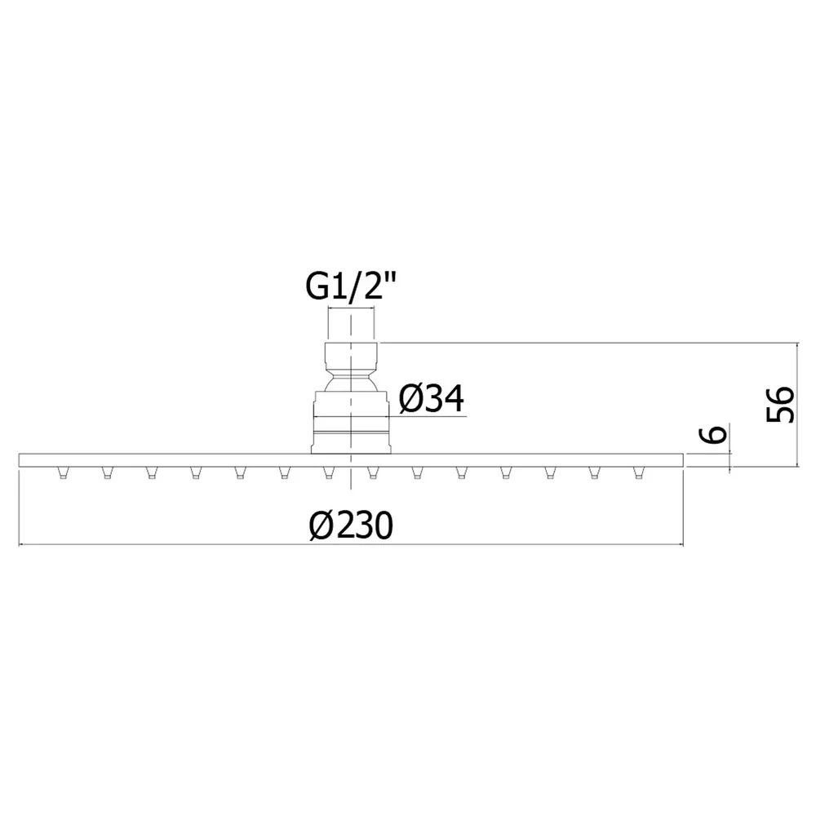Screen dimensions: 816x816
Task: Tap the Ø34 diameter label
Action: pos(431,399)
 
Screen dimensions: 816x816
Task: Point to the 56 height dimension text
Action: pos(781,405)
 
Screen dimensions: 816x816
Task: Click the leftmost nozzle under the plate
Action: pos(63,472)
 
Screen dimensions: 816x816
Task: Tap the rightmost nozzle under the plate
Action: pos(639,472)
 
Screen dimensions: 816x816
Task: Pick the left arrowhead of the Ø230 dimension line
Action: pos(22,545)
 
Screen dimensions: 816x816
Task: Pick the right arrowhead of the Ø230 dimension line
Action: pos(679,545)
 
